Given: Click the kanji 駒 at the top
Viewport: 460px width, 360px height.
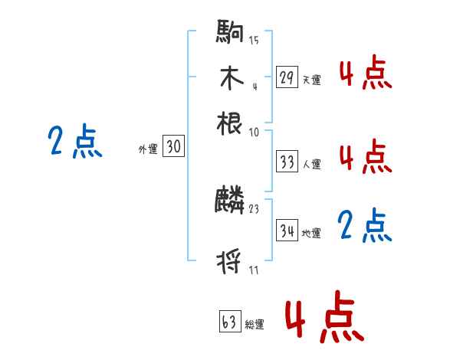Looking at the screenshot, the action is tap(230, 34).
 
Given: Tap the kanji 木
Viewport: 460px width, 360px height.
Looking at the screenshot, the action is tap(230, 78).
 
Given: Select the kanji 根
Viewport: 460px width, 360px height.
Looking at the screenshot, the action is tap(230, 123).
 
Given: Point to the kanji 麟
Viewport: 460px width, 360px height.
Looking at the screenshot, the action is tap(230, 201).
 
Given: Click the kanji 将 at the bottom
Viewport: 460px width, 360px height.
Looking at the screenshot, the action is tap(230, 263).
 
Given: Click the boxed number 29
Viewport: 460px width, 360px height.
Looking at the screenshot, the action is tap(287, 77).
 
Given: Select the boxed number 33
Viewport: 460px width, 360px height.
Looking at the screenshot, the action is tap(287, 162).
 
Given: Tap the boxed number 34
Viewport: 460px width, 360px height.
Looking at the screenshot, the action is tap(287, 231).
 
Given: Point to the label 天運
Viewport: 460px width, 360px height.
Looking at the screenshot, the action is tap(312, 79).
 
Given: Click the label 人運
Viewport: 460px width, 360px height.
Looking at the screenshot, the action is tap(312, 164).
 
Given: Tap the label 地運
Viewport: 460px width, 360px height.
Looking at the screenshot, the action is tap(312, 233).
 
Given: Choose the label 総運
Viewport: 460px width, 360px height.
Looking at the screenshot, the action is tap(255, 324).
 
